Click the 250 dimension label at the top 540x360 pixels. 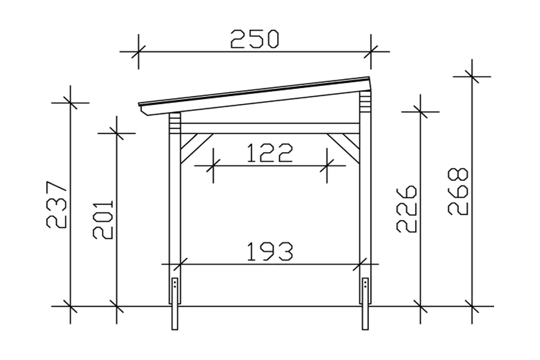(255, 39)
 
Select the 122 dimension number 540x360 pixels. (270, 153)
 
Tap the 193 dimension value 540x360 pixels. (270, 252)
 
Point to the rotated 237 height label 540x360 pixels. (56, 204)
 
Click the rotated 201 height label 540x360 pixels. (103, 220)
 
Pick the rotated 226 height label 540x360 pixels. (406, 209)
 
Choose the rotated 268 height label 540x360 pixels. (458, 191)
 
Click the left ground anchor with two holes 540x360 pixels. (175, 304)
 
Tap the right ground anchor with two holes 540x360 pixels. (365, 304)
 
